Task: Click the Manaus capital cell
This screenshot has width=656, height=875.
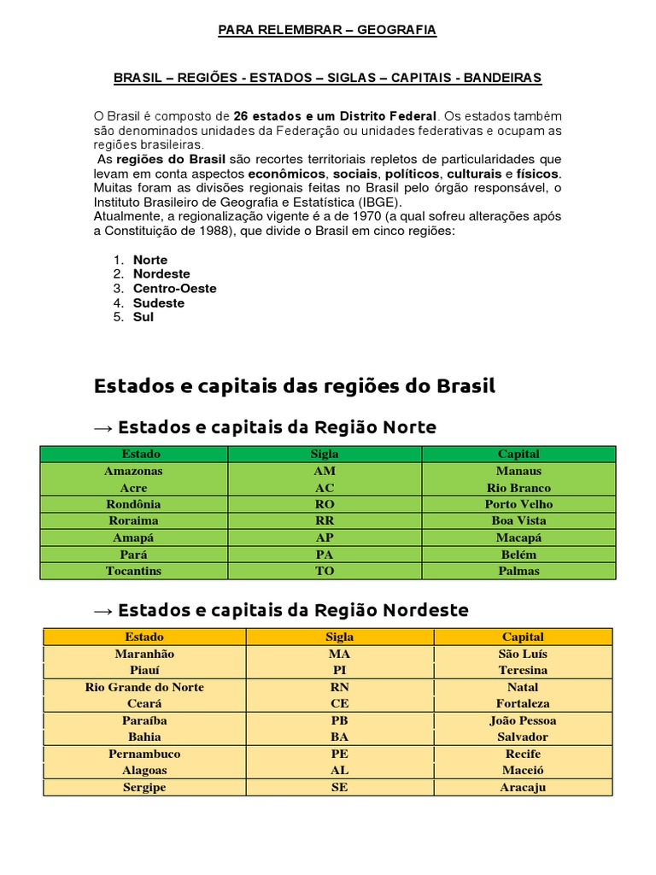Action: point(518,471)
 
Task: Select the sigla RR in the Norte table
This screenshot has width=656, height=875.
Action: point(325,520)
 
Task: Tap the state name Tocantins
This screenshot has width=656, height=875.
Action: point(133,571)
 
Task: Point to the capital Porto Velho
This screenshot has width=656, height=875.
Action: point(518,504)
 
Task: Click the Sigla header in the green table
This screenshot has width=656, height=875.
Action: point(325,454)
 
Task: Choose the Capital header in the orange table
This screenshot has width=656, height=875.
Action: point(523,637)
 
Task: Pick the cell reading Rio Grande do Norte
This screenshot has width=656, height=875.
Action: point(144,687)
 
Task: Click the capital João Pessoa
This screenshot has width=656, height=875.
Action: point(523,720)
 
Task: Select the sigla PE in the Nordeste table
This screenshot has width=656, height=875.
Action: point(339,754)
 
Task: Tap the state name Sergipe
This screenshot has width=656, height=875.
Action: point(144,787)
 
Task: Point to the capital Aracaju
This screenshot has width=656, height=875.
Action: point(523,787)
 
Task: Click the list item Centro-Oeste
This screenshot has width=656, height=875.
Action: point(174,289)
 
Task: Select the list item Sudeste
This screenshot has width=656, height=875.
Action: point(158,303)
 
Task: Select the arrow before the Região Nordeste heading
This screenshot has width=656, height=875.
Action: point(103,611)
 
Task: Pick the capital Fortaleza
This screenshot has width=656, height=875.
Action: point(523,703)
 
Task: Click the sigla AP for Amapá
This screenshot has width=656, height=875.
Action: point(325,537)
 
